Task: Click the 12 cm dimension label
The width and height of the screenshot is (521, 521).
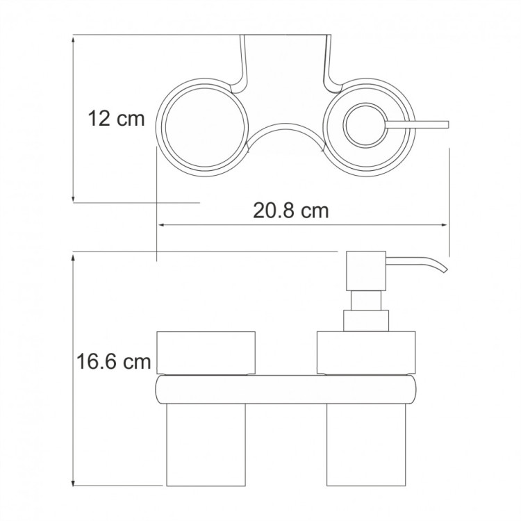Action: (x=116, y=119)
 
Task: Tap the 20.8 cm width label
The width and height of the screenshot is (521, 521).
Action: (x=291, y=210)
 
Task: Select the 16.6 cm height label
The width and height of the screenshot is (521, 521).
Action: (x=114, y=361)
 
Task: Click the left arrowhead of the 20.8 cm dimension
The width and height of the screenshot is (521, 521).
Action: (x=161, y=225)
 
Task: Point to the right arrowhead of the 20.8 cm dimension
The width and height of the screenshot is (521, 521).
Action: (x=445, y=225)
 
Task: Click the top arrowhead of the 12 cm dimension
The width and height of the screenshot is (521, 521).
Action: (x=74, y=39)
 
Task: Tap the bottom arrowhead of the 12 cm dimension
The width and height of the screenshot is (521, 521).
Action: (x=74, y=198)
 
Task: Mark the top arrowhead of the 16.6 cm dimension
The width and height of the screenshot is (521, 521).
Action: (x=74, y=256)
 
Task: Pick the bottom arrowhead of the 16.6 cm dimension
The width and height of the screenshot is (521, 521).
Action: (x=74, y=481)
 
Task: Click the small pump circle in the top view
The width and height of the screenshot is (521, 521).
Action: (x=365, y=124)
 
